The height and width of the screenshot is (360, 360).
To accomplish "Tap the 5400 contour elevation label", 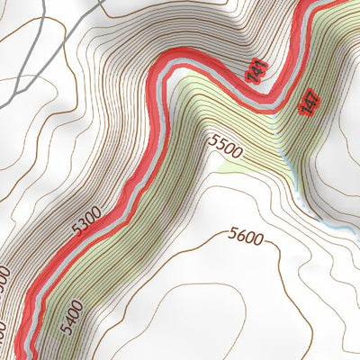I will [x=75, y=318].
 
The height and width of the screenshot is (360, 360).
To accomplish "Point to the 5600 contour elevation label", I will [x=245, y=238].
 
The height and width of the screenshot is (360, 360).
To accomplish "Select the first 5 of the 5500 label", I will [x=212, y=139].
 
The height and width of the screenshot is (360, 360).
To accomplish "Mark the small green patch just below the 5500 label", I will [x=224, y=166].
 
